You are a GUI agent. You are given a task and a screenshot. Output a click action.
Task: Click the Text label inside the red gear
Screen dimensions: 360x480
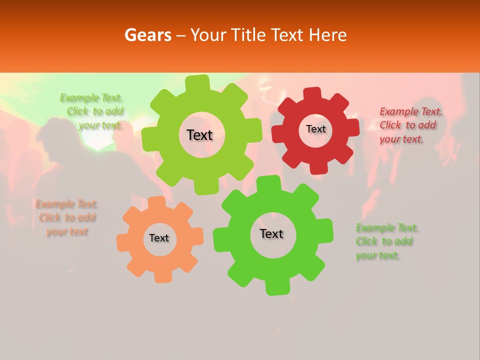point(315,129)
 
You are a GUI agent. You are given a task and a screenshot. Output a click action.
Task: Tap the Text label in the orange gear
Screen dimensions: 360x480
point(159,238)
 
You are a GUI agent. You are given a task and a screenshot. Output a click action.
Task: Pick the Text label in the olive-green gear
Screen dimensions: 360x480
point(199,135)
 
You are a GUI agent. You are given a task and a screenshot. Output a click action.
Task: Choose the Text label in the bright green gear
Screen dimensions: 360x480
point(271,234)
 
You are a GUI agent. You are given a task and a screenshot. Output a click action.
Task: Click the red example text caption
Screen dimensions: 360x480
point(410,125)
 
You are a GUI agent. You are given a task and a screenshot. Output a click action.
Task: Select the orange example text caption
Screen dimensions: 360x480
point(67,218)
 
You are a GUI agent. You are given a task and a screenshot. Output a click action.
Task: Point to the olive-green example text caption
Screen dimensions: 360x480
point(92,111)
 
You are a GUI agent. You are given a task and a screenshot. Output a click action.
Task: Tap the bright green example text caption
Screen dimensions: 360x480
point(386,241)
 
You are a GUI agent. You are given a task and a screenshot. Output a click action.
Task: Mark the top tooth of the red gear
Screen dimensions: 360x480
point(311,93)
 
